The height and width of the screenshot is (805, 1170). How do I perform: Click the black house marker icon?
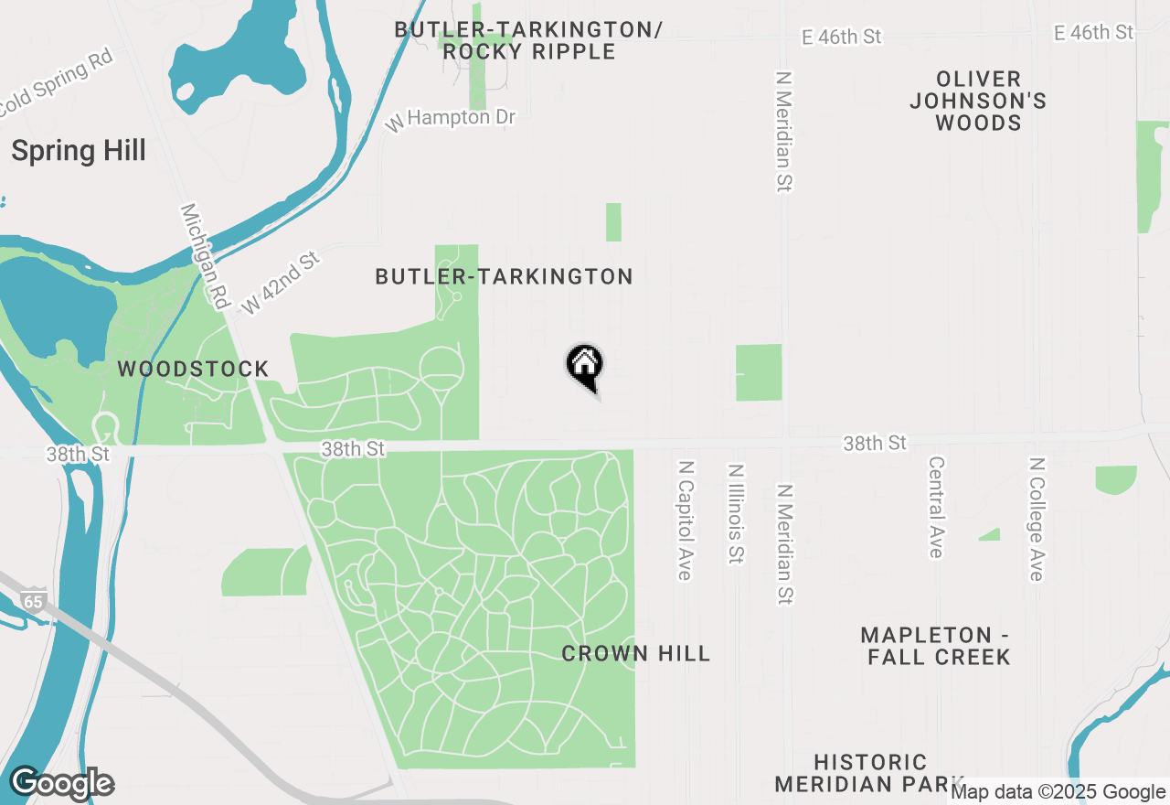(x=585, y=366)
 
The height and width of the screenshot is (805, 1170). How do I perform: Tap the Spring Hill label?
(x=79, y=151)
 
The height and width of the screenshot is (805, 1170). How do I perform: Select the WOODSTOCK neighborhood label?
(x=193, y=370)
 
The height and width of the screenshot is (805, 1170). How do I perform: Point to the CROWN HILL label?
(x=635, y=653)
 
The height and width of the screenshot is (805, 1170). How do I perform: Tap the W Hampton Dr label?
(x=451, y=119)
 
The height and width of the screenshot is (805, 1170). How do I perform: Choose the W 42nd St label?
(x=281, y=284)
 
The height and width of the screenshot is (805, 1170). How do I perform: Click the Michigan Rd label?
(x=205, y=255)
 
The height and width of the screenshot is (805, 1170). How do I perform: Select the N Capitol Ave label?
(x=685, y=520)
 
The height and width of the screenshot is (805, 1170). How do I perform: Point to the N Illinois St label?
(x=735, y=514)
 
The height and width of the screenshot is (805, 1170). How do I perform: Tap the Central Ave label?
(x=936, y=508)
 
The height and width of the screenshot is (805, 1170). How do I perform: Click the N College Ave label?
(x=1036, y=520)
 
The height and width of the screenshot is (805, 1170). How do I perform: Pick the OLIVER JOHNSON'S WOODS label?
(x=978, y=101)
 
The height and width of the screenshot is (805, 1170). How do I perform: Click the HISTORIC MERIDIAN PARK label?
(x=869, y=773)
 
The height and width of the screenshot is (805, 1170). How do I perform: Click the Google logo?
(x=62, y=784)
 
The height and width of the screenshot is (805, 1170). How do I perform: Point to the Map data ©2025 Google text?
(x=1058, y=792)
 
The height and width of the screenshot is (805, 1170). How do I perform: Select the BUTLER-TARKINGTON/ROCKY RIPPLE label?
(x=528, y=40)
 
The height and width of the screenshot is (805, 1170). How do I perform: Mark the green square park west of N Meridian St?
(x=759, y=372)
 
